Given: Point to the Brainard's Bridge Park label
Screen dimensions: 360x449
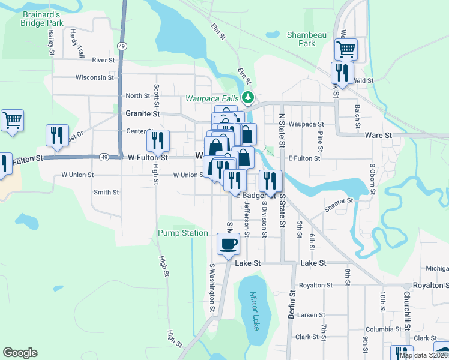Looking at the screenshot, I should (41, 18).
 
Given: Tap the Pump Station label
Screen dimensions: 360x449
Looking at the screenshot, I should (183, 233).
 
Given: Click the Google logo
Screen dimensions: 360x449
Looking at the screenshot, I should (20, 353).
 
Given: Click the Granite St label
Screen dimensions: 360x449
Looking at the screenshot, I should (143, 113).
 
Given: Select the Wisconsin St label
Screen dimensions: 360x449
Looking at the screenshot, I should (94, 77).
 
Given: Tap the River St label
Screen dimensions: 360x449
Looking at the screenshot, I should (104, 60).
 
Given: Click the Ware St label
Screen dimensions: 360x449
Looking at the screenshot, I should (378, 136).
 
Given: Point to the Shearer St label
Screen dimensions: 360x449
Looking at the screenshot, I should (340, 205).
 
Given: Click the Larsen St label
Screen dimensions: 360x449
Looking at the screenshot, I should (311, 314).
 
